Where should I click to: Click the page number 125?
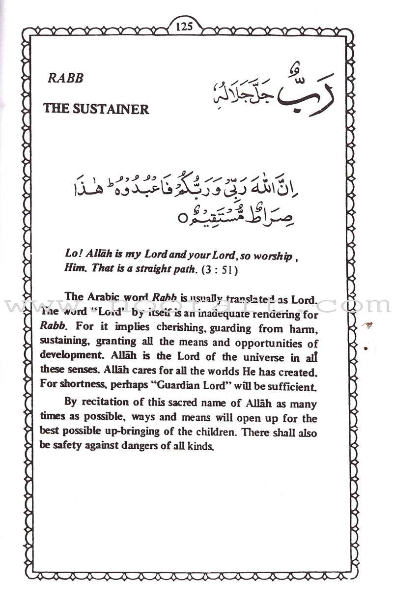[x=184, y=26]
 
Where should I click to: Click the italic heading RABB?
[x=65, y=77]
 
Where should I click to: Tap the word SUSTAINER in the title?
[x=111, y=109]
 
